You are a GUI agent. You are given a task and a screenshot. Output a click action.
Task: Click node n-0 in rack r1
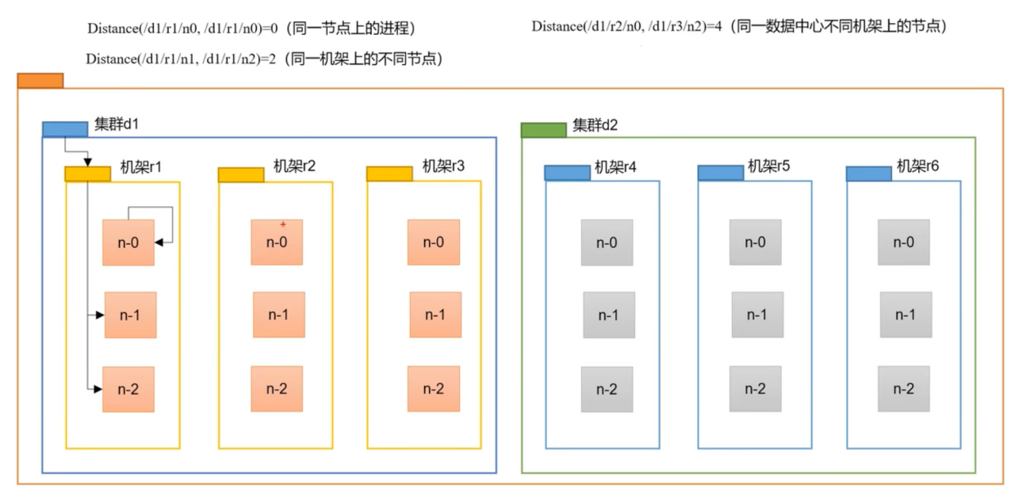pos(128,243)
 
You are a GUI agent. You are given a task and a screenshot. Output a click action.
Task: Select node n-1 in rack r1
pos(130,315)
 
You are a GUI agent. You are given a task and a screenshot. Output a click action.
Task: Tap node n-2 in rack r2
pos(277,389)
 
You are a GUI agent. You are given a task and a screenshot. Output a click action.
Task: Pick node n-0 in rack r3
pos(434,243)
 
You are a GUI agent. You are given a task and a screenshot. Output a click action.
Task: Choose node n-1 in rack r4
pos(608,315)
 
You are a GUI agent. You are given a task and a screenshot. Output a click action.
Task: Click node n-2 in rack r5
pos(755,389)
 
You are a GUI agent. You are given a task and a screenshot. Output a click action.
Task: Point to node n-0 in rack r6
pos(903,243)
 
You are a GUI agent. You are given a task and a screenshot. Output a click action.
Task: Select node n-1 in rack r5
pos(757,315)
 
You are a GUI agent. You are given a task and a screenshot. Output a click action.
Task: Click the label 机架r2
pos(294,166)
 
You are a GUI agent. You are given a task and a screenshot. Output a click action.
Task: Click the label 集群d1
pos(117,124)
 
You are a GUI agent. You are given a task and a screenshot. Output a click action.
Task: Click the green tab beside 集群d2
pos(543,130)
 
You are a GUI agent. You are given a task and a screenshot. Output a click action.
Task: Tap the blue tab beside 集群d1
pos(64,129)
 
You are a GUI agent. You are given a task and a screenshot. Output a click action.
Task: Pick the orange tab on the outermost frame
pos(40,80)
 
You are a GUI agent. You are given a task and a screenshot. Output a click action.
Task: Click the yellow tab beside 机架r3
pos(389,174)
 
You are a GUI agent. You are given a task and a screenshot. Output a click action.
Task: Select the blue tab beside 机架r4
pos(567,173)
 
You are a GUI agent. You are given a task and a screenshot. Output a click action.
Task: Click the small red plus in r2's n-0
pos(282,224)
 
